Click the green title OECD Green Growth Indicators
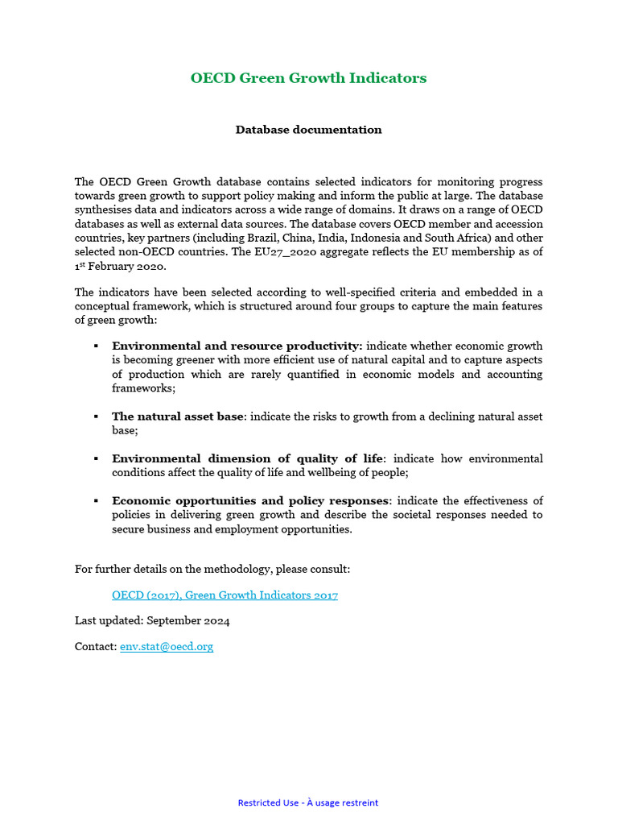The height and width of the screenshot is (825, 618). click(x=308, y=78)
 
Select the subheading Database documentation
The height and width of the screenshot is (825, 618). click(x=308, y=130)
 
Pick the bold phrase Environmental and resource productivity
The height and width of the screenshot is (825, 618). click(x=237, y=346)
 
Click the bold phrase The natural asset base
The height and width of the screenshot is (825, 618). click(x=177, y=417)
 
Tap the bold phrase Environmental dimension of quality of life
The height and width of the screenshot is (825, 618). click(x=248, y=458)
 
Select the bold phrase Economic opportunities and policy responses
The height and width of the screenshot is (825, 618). click(x=249, y=501)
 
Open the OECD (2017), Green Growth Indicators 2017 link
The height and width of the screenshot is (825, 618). click(x=225, y=595)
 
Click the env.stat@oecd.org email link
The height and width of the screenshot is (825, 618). click(x=167, y=647)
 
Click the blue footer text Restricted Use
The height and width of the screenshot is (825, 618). click(x=269, y=802)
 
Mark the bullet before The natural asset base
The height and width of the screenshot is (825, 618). click(x=96, y=417)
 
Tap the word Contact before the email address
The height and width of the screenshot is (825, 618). click(x=94, y=647)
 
